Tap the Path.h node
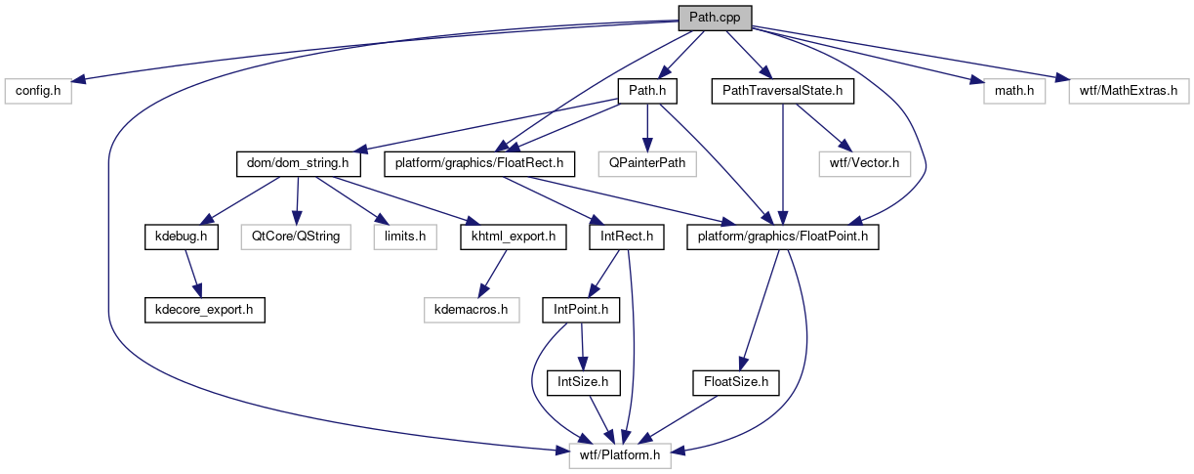tap(647, 91)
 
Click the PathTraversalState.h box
tap(783, 91)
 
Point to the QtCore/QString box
tap(297, 237)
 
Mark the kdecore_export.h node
tap(204, 310)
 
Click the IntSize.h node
tap(582, 382)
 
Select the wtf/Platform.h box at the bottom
tap(621, 454)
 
